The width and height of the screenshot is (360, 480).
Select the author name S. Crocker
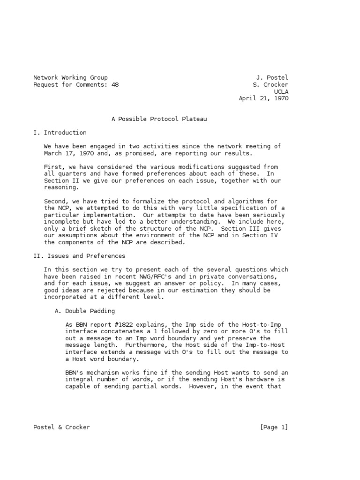tap(270, 84)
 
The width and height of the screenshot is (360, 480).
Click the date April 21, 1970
tap(263, 98)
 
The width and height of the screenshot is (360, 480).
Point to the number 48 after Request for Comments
tap(115, 84)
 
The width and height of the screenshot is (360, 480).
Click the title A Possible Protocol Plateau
tap(159, 119)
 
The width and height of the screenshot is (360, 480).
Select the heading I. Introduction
tap(60, 133)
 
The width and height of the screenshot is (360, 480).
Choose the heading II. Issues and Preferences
tap(79, 256)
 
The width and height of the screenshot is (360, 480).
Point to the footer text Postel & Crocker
tap(61, 427)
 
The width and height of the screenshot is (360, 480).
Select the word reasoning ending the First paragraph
tap(61, 187)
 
